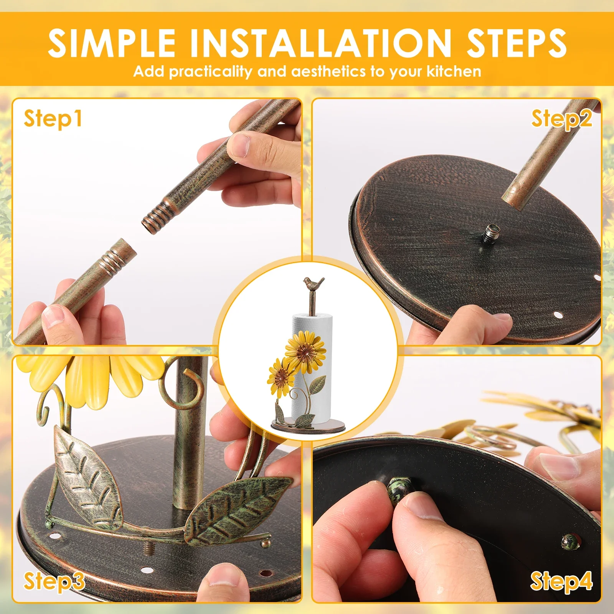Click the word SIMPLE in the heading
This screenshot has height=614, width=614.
(x=112, y=43)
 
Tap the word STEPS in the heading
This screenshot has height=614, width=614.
(x=516, y=43)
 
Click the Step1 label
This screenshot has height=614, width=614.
(x=53, y=119)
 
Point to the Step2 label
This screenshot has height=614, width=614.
(x=561, y=119)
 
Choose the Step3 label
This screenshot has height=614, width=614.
(x=54, y=581)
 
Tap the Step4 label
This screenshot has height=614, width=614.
(x=561, y=581)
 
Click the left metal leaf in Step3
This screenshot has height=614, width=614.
(x=87, y=474)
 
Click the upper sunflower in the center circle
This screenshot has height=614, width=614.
(x=305, y=351)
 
